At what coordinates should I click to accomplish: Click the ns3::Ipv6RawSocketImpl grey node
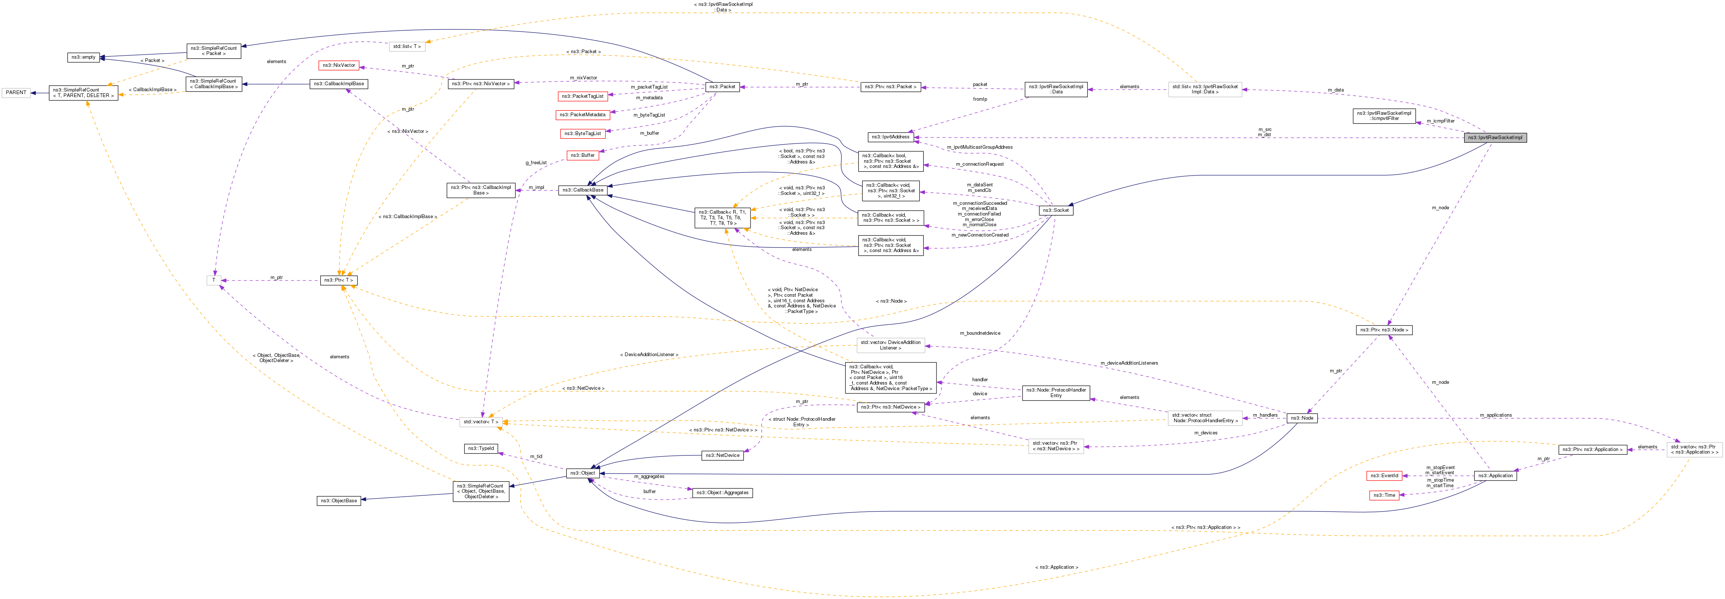1495,137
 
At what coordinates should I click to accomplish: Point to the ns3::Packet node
722,86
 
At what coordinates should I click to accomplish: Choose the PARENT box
16,93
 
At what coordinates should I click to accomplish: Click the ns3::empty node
84,58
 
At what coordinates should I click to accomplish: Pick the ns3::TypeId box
481,448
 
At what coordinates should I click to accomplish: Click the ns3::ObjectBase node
339,500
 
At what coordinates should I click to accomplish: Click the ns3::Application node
1495,476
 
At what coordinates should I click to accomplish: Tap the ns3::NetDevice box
722,455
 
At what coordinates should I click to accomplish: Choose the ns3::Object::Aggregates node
722,492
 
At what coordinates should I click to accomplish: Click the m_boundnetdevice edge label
980,333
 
